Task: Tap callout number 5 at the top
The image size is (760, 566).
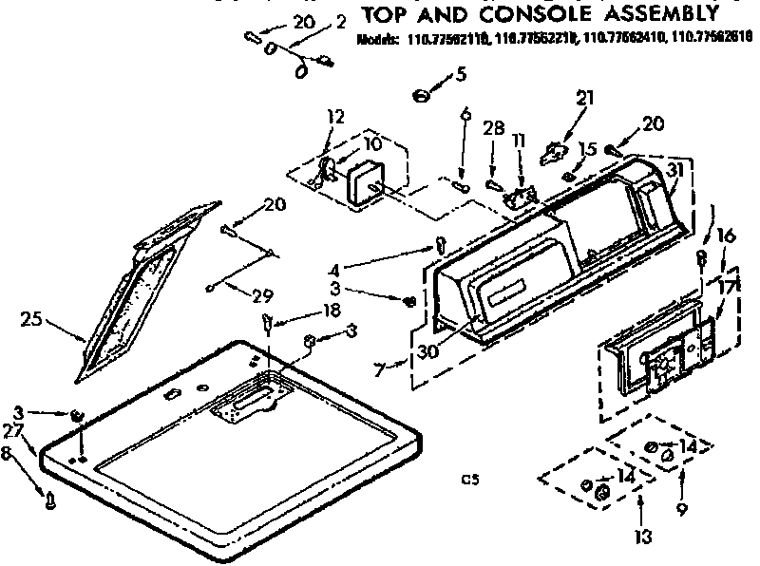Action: [462, 72]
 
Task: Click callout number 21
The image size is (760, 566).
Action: [583, 96]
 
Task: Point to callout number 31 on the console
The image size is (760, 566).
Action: [675, 170]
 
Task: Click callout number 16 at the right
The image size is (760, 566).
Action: [725, 235]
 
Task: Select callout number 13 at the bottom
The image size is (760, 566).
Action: [643, 538]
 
